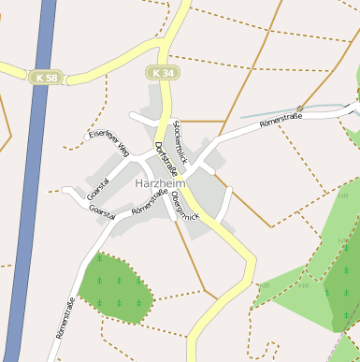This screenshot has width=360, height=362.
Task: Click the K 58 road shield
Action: pos(45,77)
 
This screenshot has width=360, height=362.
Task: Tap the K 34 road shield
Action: pos(161,71)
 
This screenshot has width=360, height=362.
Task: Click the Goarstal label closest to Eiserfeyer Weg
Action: pos(97,189)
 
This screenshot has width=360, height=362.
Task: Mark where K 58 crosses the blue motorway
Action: pos(43,77)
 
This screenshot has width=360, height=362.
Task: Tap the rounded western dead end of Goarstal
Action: pos(66,192)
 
